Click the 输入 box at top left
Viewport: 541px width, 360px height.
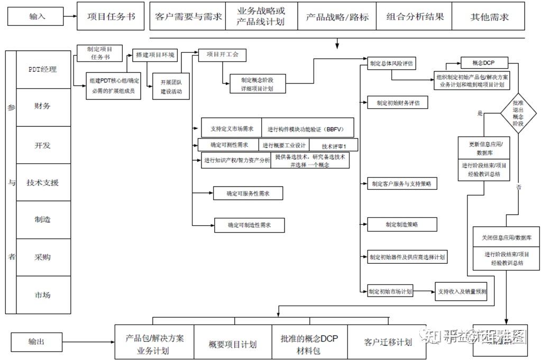coord(38,17)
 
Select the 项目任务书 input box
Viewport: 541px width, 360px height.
coord(111,16)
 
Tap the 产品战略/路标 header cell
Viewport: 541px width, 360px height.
coord(337,16)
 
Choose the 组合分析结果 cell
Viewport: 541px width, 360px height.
coord(415,16)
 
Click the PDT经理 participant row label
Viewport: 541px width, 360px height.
coord(43,69)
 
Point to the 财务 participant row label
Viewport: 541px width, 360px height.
coord(43,107)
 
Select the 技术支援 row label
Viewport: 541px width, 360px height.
coord(43,182)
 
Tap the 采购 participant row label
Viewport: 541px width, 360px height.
coord(43,257)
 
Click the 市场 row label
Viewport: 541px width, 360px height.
coord(43,295)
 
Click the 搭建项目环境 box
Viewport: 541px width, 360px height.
coord(154,55)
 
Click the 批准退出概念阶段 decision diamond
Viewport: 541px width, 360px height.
coord(518,113)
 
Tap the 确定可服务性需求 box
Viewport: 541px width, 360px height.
coord(248,193)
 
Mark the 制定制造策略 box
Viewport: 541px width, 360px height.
coord(402,224)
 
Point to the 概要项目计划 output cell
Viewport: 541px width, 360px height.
coord(233,344)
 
